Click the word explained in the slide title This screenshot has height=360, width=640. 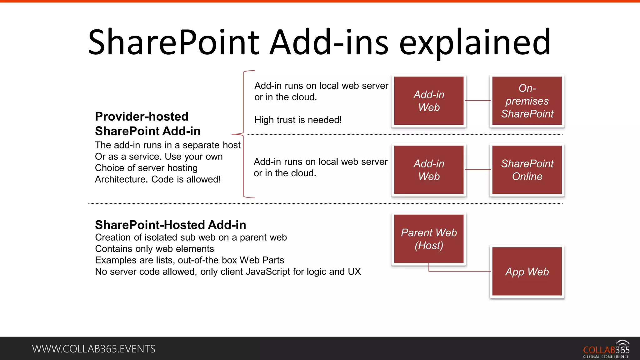point(475,42)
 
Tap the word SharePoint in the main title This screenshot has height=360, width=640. point(173,42)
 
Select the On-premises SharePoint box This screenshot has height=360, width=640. point(527,101)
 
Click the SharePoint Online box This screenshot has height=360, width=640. point(527,170)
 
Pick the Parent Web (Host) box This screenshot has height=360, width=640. point(429,239)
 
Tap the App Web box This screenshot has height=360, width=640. point(527,271)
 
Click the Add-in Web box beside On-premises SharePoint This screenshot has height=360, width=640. point(429,101)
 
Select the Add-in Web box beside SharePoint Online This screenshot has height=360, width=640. point(429,170)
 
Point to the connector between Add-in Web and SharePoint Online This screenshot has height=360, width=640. point(478,170)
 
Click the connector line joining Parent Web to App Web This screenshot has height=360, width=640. point(459,271)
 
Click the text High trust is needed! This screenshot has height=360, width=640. point(298,120)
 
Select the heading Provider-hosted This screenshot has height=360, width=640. point(142,117)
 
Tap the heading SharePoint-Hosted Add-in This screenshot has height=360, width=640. point(170,225)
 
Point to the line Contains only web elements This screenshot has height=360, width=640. point(154,249)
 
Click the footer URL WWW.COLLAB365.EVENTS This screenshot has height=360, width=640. point(93,349)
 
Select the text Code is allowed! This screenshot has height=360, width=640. point(186,179)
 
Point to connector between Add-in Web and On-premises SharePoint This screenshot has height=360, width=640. point(478,101)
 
